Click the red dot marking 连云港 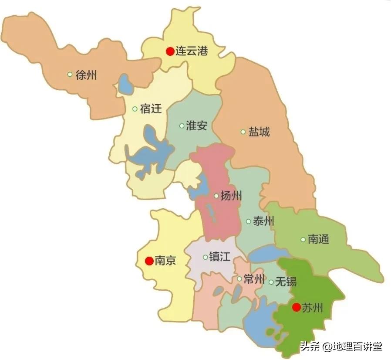point(170,51)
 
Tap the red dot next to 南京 point(149,261)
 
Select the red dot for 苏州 point(296,308)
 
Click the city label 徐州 point(86,75)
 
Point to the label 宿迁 point(151,109)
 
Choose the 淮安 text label point(196,126)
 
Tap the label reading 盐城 point(259,132)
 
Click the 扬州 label point(231,196)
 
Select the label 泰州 point(263,221)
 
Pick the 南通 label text point(318,239)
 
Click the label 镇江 point(220,257)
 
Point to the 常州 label point(254,279)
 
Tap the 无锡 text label point(286,282)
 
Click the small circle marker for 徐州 point(70,75)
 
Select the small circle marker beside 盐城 point(243,132)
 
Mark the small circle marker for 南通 point(303,239)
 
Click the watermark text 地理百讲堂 point(357,347)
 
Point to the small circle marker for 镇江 point(206,257)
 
